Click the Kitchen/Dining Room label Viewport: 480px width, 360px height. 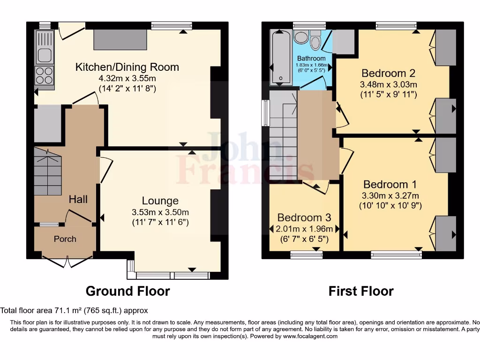pyautogui.click(x=127, y=67)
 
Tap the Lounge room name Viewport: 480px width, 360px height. pyautogui.click(x=160, y=201)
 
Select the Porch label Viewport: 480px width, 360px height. pyautogui.click(x=65, y=239)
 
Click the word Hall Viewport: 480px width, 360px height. pyautogui.click(x=78, y=199)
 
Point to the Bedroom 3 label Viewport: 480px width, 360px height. pyautogui.click(x=304, y=217)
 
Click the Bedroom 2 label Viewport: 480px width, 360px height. pyautogui.click(x=388, y=73)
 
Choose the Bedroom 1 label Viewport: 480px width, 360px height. pyautogui.click(x=390, y=185)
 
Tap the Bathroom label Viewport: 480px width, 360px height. pyautogui.click(x=311, y=58)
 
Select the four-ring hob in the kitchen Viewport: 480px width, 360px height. pyautogui.click(x=45, y=75)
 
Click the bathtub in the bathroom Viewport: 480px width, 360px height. pyautogui.click(x=281, y=57)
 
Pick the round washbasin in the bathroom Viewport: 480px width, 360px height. pyautogui.click(x=301, y=37)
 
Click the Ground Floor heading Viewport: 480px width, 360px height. pyautogui.click(x=127, y=291)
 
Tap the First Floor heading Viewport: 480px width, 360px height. pyautogui.click(x=361, y=291)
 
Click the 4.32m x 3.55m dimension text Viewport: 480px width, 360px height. pyautogui.click(x=127, y=78)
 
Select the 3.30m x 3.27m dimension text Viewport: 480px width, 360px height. pyautogui.click(x=390, y=195)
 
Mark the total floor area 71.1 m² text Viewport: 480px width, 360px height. pyautogui.click(x=74, y=310)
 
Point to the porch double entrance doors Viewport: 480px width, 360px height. pyautogui.click(x=67, y=261)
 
